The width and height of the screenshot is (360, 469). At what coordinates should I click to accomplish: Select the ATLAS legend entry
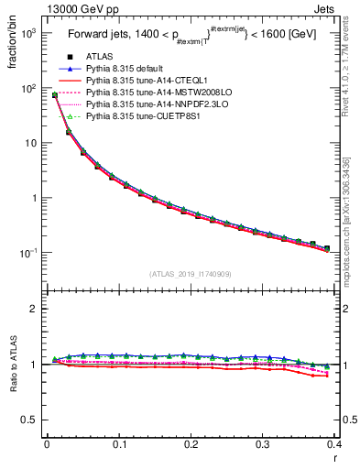click(x=99, y=58)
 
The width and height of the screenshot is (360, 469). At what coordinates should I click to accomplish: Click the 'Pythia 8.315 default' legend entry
click(x=130, y=70)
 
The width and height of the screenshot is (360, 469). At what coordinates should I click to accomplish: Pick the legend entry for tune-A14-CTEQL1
click(x=142, y=82)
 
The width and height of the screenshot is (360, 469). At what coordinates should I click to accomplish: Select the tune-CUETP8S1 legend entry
click(x=139, y=117)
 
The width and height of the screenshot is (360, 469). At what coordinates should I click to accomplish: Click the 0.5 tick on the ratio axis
click(x=30, y=420)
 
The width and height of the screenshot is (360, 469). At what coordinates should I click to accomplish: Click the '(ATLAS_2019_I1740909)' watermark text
click(x=190, y=274)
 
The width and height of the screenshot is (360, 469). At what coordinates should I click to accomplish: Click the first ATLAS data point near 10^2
click(x=55, y=94)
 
